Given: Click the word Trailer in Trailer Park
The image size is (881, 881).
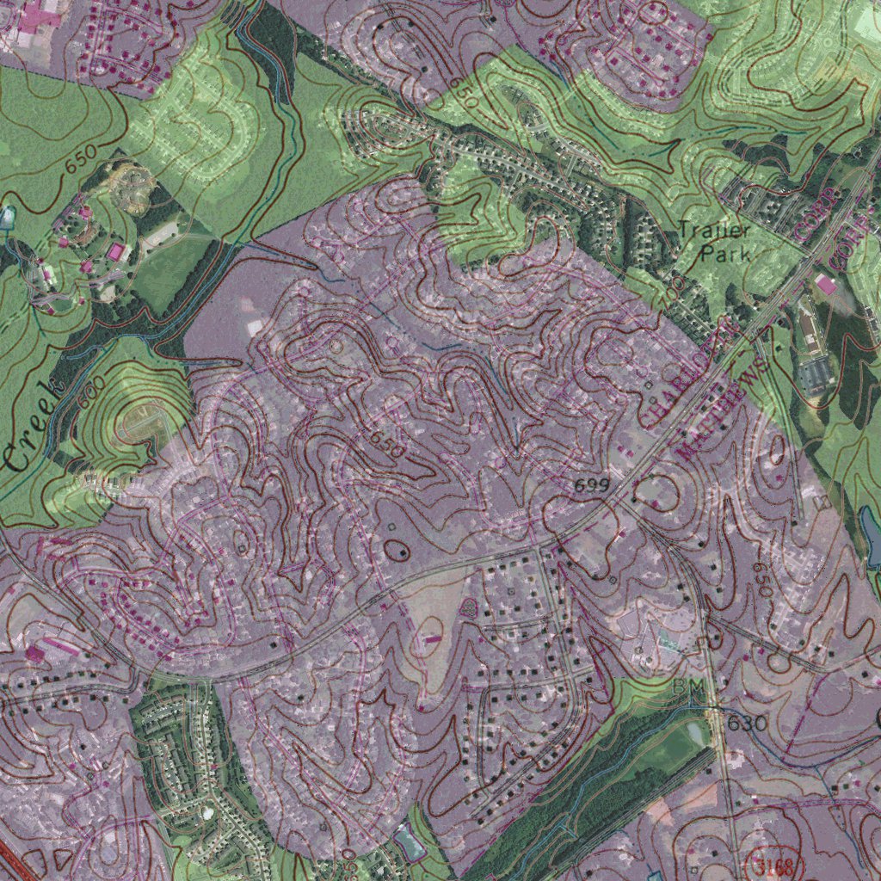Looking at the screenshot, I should (x=713, y=231).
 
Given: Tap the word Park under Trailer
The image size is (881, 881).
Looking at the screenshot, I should (x=724, y=254).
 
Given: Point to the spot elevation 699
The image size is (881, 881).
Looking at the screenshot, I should (x=592, y=486).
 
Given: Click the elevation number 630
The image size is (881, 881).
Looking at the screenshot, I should (x=746, y=724).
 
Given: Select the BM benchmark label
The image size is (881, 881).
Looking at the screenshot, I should (x=688, y=687).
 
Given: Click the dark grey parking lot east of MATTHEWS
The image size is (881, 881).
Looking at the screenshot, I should (x=816, y=373).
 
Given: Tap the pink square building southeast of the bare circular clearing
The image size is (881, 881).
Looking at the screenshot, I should (x=116, y=253).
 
